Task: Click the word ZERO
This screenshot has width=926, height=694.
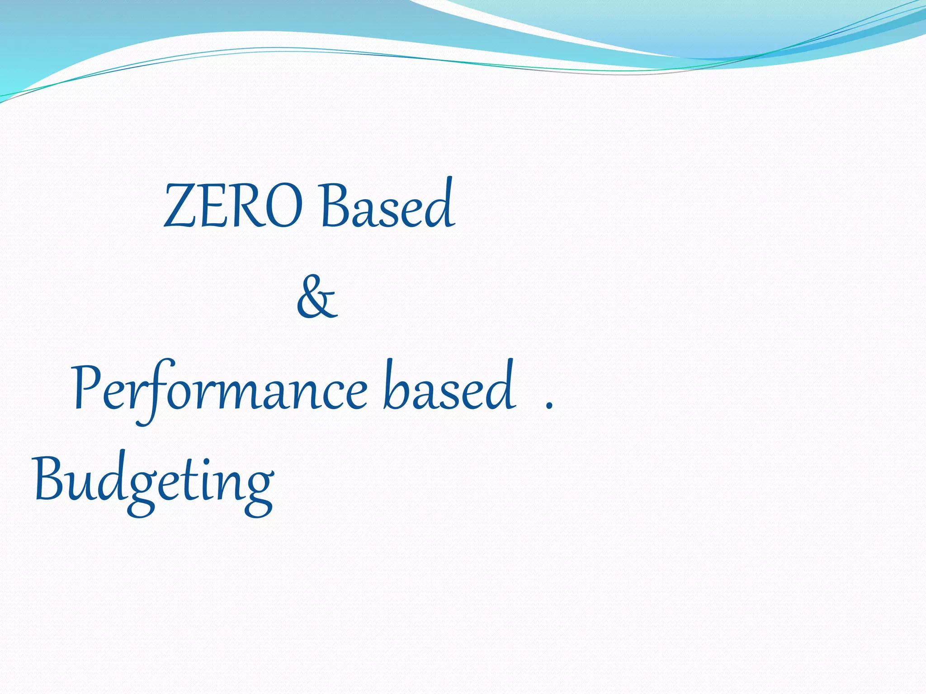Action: tap(233, 206)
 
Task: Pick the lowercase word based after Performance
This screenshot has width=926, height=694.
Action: tap(449, 386)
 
